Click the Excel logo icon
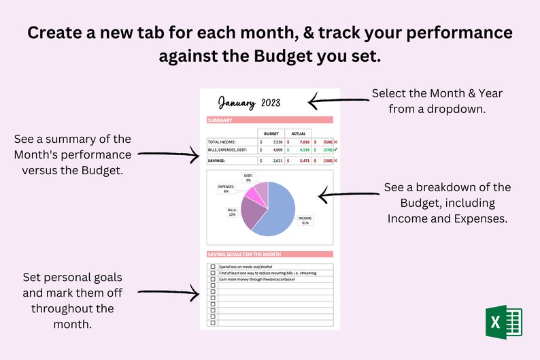[x=504, y=321]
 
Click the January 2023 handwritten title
[x=249, y=103]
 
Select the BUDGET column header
[x=271, y=133]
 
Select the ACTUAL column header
[x=299, y=133]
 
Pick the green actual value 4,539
[x=301, y=150]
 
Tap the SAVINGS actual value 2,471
[x=301, y=161]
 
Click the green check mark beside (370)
[x=337, y=150]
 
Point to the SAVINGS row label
[x=218, y=161]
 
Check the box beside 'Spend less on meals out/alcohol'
[x=213, y=267]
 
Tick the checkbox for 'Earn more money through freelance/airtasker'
[x=213, y=279]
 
